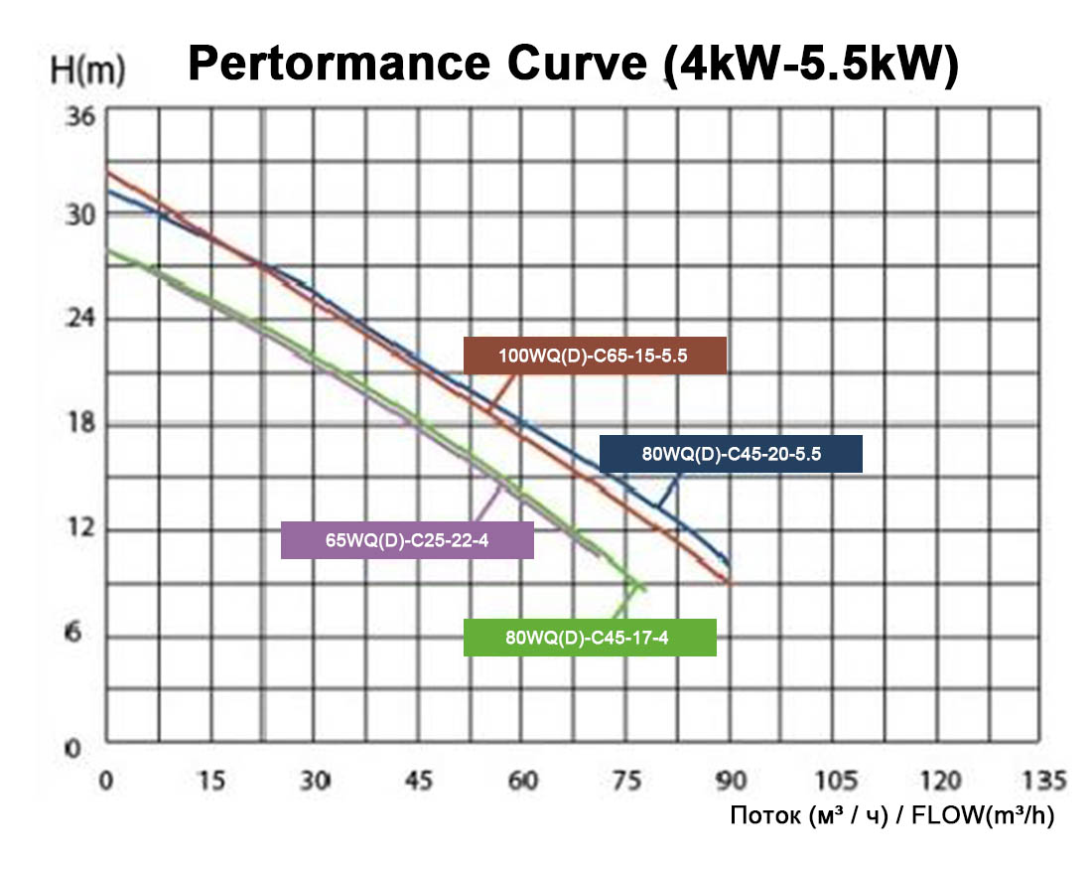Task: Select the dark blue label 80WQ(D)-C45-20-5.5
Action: point(731,454)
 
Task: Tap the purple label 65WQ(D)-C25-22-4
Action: point(407,540)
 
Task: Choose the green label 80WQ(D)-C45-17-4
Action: point(590,638)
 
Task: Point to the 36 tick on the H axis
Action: point(79,115)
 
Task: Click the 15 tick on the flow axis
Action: point(211,780)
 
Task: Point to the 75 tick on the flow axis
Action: point(627,780)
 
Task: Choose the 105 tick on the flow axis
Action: point(835,780)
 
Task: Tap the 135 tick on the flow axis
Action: point(1042,780)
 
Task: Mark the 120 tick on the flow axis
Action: point(939,780)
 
